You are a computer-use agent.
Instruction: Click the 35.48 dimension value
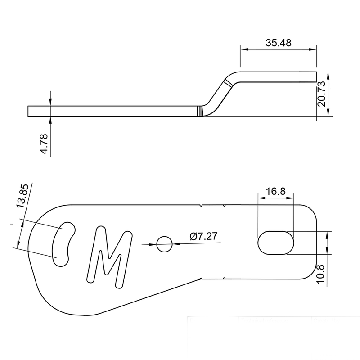click(278, 43)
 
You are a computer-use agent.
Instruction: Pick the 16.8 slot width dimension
click(275, 191)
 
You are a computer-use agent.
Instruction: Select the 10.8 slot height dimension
click(320, 273)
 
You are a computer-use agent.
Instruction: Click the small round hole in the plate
click(164, 244)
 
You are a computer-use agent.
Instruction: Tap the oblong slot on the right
click(276, 243)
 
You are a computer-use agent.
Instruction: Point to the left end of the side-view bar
click(29, 111)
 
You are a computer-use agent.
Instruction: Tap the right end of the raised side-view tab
click(315, 76)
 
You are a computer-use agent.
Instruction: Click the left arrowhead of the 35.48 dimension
click(243, 49)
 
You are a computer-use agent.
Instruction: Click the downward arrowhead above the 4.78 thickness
click(50, 103)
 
